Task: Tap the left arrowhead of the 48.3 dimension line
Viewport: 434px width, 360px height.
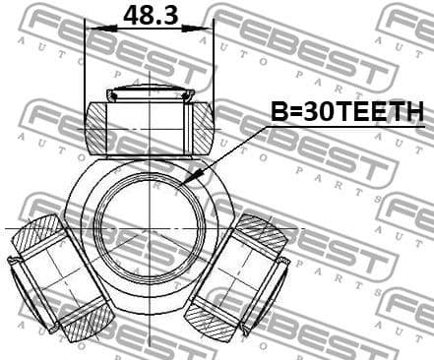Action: click(92, 29)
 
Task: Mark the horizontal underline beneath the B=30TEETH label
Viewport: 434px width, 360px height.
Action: click(344, 126)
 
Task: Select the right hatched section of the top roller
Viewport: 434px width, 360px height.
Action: click(202, 128)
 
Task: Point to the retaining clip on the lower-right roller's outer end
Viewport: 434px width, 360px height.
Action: click(282, 262)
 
